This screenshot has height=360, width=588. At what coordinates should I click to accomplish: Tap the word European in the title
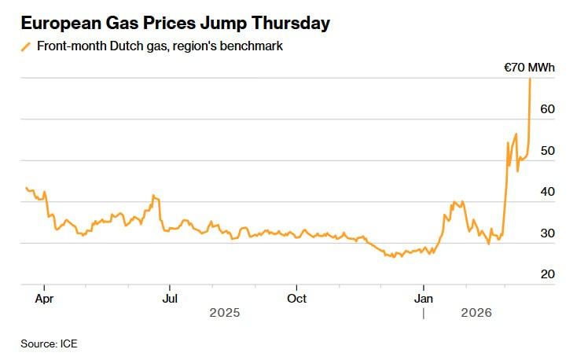59,24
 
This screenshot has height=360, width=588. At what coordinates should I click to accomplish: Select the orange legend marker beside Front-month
26,46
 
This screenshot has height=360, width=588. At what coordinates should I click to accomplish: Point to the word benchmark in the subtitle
250,46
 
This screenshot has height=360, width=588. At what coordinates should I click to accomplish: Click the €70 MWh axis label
529,68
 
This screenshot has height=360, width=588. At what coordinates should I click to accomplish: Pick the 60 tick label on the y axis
547,108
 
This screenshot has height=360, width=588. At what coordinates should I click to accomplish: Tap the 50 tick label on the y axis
547,150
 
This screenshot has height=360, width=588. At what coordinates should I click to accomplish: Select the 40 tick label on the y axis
547,192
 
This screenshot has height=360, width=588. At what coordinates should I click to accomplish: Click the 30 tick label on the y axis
547,233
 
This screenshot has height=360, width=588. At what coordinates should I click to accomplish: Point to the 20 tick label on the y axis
547,274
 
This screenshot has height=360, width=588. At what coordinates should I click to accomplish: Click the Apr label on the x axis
44,298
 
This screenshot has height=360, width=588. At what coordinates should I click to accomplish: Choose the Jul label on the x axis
169,298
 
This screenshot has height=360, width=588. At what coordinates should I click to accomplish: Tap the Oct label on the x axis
296,298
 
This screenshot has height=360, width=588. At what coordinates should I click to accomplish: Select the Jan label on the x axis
424,298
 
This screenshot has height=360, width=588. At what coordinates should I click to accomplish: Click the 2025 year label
224,313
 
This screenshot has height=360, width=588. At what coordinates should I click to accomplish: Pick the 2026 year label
476,313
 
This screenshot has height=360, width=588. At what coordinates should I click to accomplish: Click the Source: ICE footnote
49,343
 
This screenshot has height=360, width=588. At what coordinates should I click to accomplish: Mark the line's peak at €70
530,79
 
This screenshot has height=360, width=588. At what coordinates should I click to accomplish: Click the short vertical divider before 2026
424,312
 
